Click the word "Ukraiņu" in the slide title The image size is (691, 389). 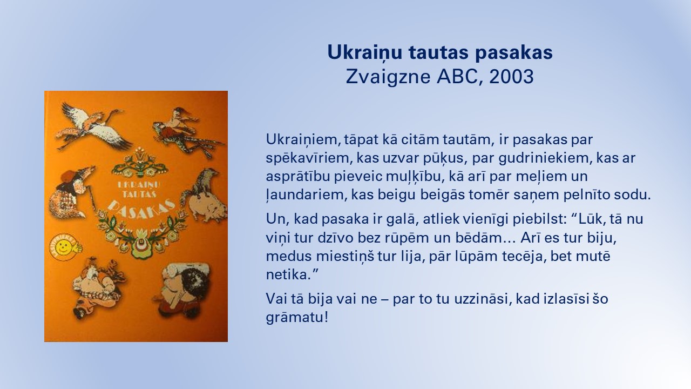(x=364, y=52)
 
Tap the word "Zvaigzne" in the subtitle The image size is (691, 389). (x=388, y=77)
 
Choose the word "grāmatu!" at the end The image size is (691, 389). (x=297, y=318)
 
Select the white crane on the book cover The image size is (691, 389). (x=92, y=124)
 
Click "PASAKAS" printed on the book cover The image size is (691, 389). (x=143, y=209)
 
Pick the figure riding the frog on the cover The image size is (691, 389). (x=185, y=129)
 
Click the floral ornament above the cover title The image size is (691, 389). (x=140, y=163)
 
